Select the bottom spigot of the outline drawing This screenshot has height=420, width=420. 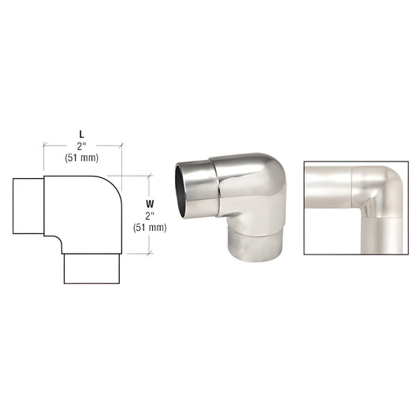point(91,269)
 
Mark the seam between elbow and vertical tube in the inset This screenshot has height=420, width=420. point(385,215)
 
